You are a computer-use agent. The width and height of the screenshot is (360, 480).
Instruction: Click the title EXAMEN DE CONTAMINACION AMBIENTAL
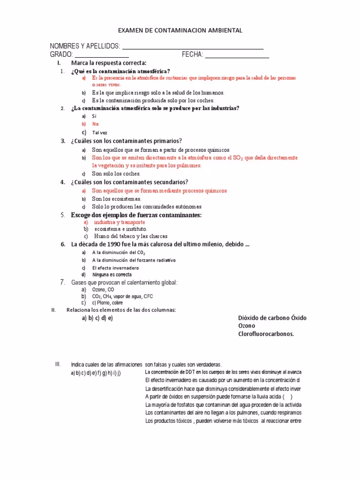[x=180, y=30]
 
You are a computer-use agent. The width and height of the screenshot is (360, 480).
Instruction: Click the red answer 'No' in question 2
[x=96, y=124]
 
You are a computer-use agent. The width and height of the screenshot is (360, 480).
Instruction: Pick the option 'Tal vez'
[x=99, y=133]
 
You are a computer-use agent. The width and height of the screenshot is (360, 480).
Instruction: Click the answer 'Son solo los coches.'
[x=116, y=173]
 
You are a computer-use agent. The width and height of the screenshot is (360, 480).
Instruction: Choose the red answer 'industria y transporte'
[x=120, y=222]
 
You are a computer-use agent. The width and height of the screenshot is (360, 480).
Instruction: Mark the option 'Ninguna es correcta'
[x=112, y=275]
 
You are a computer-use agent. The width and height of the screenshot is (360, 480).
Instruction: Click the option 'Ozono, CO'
[x=103, y=290]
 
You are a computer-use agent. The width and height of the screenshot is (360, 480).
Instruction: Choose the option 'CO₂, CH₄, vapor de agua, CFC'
[x=122, y=297]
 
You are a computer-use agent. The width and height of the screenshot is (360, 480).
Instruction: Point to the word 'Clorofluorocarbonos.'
[x=266, y=334]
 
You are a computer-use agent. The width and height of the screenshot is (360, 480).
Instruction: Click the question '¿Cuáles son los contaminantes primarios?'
[x=127, y=141]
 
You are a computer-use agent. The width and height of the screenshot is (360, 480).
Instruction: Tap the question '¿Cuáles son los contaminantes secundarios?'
[x=130, y=182]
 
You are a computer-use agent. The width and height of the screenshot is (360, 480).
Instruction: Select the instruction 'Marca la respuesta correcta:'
[x=109, y=63]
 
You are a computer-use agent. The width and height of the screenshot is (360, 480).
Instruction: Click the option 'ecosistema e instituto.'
[x=120, y=229]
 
